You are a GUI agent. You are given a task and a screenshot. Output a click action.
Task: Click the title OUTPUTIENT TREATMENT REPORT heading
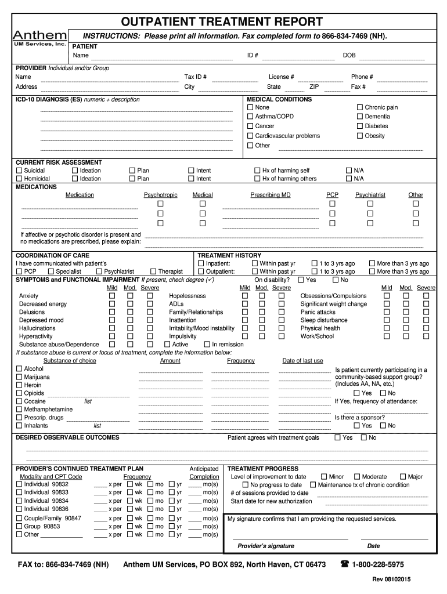(x=222, y=22)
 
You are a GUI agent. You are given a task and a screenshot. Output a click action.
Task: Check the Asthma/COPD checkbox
(x=250, y=117)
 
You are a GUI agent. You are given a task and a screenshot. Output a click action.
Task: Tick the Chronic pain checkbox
(x=359, y=107)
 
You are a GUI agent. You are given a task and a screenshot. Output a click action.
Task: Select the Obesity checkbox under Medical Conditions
(x=359, y=136)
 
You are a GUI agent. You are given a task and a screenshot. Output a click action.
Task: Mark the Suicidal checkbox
(x=19, y=171)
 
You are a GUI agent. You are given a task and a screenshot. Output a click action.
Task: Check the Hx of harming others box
(x=258, y=179)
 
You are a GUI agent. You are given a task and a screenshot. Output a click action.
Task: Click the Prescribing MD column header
(x=271, y=195)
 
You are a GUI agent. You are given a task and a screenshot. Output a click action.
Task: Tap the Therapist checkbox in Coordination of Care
(x=153, y=271)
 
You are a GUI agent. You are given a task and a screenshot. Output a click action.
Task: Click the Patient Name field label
(x=80, y=56)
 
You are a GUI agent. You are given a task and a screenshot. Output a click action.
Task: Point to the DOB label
(x=349, y=56)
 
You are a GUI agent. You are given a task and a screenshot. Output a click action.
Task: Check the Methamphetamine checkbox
(x=19, y=410)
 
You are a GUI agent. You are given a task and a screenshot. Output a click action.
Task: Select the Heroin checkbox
(x=19, y=385)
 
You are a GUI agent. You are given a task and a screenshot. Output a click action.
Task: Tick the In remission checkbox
(x=207, y=345)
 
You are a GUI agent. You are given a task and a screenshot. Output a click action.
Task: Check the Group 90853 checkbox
(x=19, y=527)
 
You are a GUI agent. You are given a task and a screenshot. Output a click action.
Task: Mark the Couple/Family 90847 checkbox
(x=19, y=519)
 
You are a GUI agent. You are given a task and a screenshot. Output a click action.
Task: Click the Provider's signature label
(x=266, y=546)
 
